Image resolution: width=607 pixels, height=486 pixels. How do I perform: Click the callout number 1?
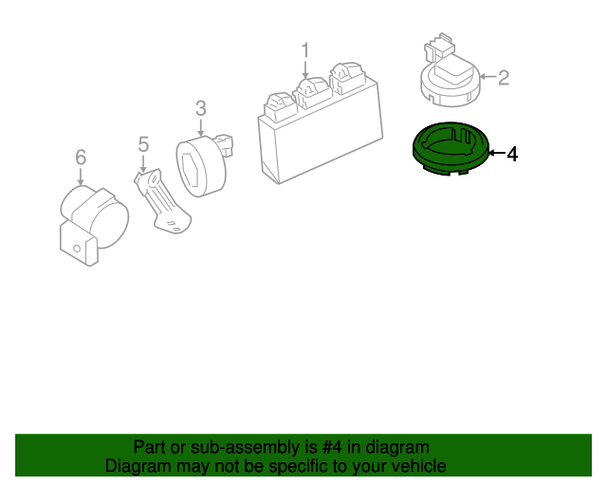point(305,49)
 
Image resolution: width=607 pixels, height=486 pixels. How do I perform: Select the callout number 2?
point(504,77)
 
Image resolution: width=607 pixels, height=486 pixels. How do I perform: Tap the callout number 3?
point(201,109)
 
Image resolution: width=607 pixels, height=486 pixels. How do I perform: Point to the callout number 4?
point(512,154)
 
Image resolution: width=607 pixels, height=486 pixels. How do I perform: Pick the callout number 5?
point(143,144)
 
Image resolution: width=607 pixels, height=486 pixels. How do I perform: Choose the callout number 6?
point(81,157)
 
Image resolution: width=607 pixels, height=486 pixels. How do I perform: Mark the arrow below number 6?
point(81,177)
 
